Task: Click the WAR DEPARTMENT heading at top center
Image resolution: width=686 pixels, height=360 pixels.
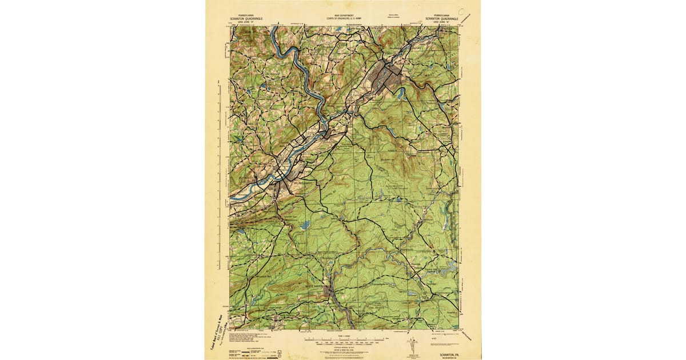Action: (x=343, y=15)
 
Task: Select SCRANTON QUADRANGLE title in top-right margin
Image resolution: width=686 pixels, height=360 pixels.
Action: (x=441, y=18)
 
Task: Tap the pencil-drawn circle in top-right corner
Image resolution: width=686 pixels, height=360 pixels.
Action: (x=461, y=11)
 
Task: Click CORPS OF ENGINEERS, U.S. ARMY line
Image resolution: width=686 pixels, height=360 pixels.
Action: (x=343, y=19)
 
